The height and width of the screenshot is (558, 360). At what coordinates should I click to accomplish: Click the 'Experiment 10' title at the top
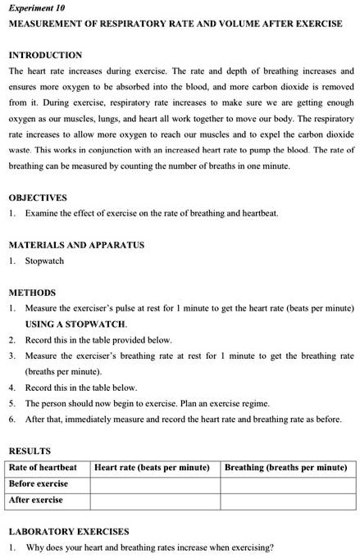(x=37, y=7)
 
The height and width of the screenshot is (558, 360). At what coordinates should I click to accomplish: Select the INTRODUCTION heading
(x=45, y=55)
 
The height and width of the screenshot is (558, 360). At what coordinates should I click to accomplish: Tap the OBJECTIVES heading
(x=38, y=198)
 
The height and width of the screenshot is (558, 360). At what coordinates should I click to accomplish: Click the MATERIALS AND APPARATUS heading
(x=76, y=245)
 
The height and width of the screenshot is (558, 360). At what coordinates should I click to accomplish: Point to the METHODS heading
(x=32, y=293)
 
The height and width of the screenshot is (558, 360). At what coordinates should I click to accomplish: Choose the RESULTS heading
(x=30, y=451)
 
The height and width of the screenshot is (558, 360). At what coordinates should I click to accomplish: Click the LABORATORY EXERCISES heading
(x=69, y=531)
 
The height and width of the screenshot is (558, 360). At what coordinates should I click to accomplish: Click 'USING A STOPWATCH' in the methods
(x=75, y=324)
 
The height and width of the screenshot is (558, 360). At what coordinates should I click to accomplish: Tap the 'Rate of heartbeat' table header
(x=43, y=468)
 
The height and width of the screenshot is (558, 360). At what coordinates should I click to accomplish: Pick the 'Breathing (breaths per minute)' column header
(x=286, y=468)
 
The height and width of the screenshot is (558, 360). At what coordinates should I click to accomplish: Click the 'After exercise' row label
(x=35, y=499)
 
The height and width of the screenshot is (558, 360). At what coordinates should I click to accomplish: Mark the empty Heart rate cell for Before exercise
(x=154, y=483)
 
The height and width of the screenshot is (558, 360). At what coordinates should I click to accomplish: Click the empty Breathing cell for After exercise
(x=288, y=499)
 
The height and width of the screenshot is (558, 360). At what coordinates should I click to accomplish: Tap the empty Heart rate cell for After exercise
(x=154, y=499)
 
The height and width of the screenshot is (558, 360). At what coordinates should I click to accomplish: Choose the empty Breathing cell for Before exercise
(x=288, y=483)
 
